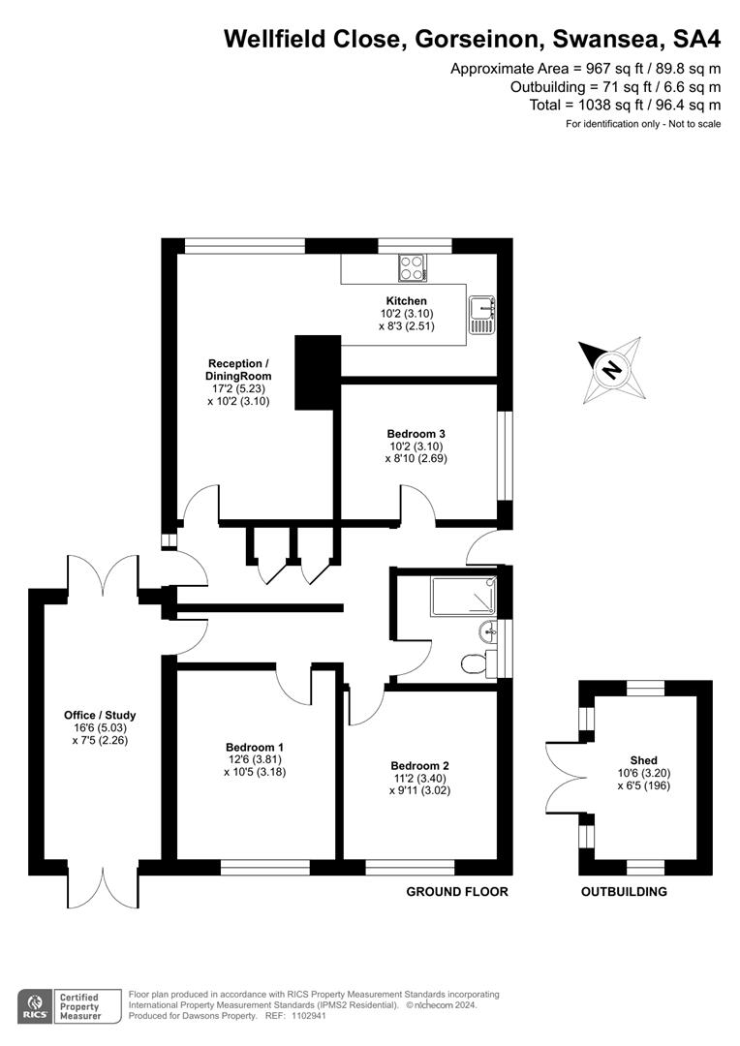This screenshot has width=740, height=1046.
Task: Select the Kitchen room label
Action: pos(406,301)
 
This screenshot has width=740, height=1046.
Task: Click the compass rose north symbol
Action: pos(611,370)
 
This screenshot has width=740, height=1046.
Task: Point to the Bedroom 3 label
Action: pos(416,433)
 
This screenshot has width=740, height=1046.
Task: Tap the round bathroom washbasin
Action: pos(487,631)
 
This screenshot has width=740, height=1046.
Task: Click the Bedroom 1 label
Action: pos(255,747)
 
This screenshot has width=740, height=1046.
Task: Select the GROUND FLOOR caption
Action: pos(456,892)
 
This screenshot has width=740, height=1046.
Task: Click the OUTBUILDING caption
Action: pos(624,892)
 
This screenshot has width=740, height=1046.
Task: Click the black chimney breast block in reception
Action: pos(318,373)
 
